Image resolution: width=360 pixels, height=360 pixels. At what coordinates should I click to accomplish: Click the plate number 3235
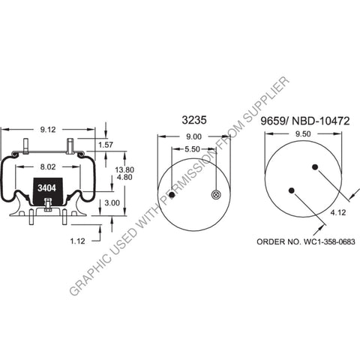[x=193, y=119]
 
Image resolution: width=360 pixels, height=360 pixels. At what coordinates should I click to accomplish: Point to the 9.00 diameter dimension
[x=193, y=136]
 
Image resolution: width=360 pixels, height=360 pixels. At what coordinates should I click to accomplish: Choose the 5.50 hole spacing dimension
[x=193, y=149]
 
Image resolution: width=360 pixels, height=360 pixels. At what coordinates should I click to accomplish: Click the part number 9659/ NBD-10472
[x=304, y=119]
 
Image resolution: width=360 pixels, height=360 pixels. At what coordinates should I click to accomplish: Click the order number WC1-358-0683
[x=305, y=241]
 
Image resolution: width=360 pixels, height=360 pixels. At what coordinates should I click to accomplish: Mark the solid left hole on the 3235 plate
[x=172, y=195]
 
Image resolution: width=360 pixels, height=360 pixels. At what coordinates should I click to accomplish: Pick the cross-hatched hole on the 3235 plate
[x=215, y=195]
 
